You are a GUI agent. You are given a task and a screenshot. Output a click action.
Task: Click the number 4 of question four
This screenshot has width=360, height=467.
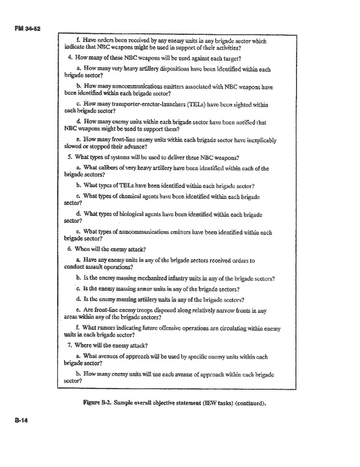coord(70,57)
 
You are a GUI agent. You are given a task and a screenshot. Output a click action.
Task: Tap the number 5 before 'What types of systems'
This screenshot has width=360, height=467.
coord(70,157)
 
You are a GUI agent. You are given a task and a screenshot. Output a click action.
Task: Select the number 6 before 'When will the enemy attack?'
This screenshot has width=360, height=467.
coord(70,249)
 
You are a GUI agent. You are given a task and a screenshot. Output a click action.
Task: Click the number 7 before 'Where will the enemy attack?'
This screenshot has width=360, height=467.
coord(70,345)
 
